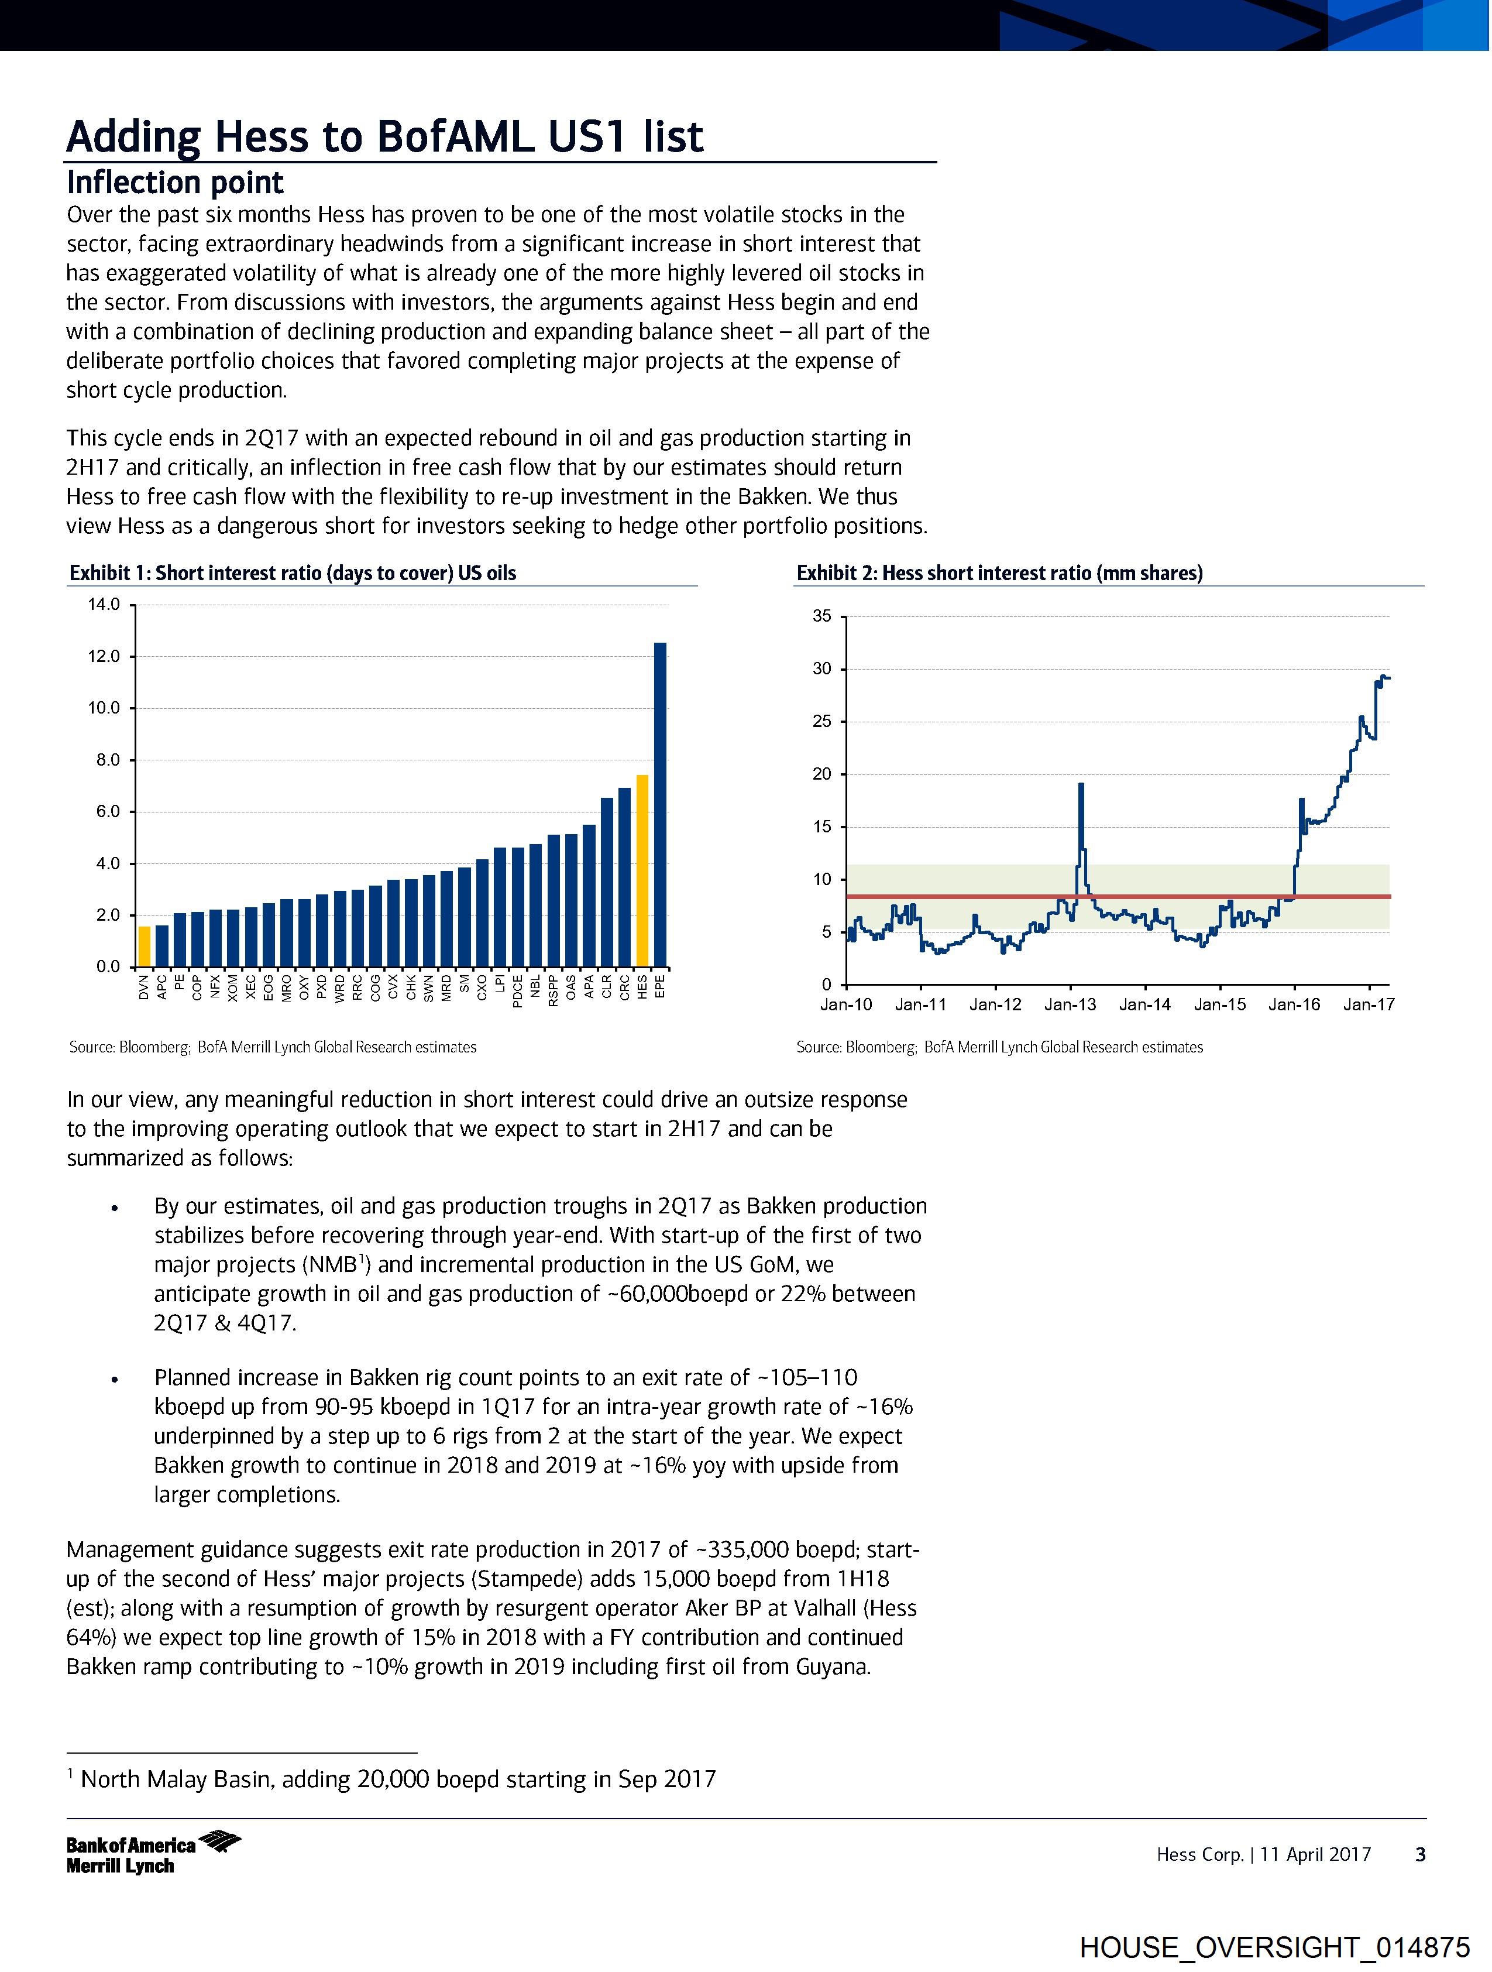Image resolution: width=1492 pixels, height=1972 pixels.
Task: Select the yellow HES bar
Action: [642, 871]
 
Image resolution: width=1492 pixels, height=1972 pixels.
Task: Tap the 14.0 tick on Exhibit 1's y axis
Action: [104, 605]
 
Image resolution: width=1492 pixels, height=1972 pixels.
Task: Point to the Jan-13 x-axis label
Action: [1070, 1004]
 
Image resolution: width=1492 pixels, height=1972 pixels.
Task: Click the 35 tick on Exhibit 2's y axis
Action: [821, 617]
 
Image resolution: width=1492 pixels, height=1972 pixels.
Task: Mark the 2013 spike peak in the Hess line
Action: [1080, 784]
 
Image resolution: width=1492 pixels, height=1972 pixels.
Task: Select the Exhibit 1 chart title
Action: [293, 573]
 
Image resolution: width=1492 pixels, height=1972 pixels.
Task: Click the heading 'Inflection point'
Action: [175, 183]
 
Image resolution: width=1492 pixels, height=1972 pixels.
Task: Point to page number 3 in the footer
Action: [1421, 1855]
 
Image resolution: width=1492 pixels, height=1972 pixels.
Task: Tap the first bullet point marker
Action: [114, 1208]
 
